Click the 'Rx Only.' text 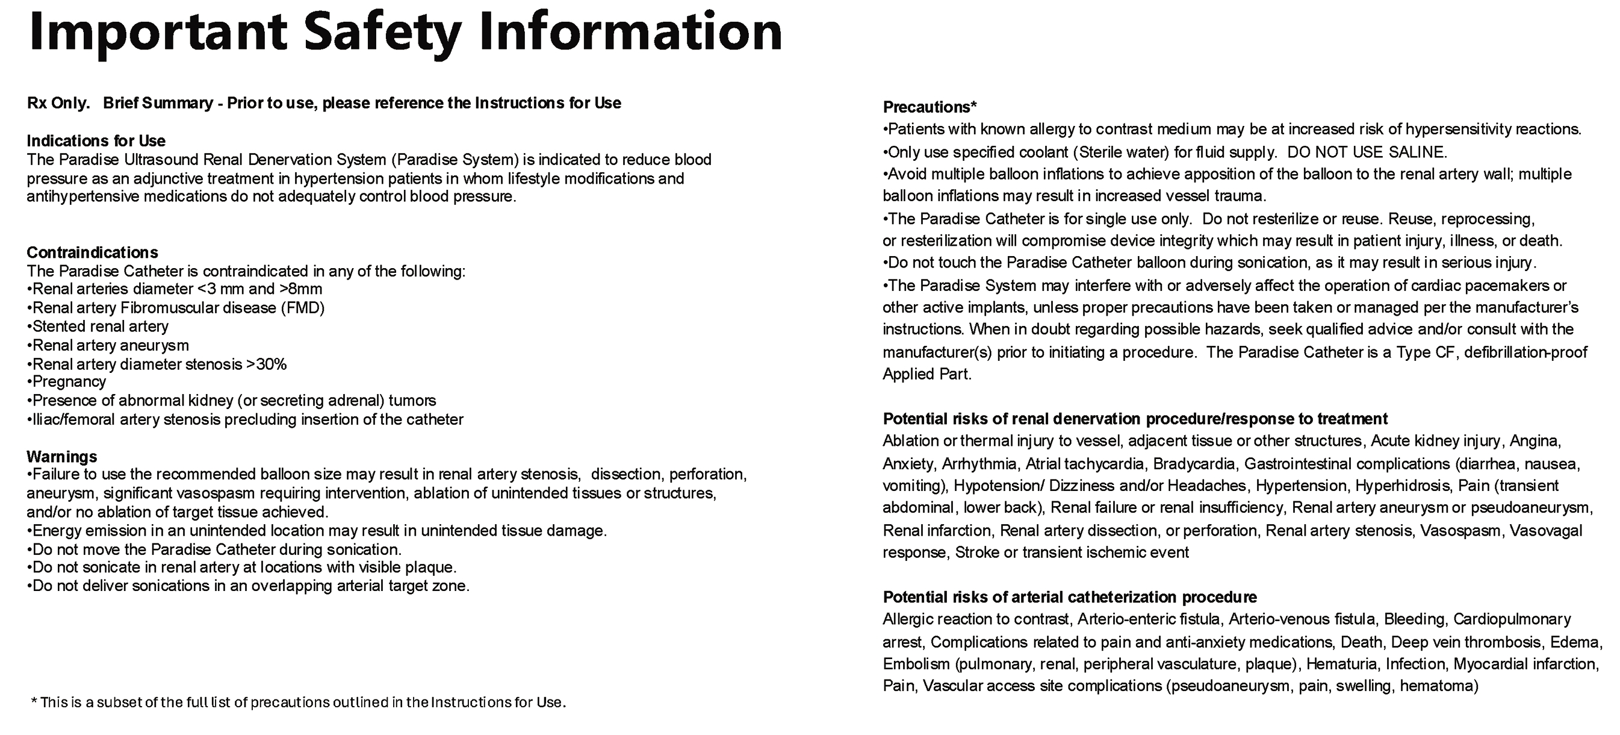coord(58,103)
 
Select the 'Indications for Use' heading coord(96,140)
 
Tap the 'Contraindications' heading coord(92,252)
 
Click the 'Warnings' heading coord(61,456)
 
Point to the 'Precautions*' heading coord(929,107)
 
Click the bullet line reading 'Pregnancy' coord(68,382)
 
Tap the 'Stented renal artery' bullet coord(99,327)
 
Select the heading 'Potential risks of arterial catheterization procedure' coord(1069,597)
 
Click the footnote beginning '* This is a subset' coord(298,702)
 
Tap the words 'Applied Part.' coord(927,374)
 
